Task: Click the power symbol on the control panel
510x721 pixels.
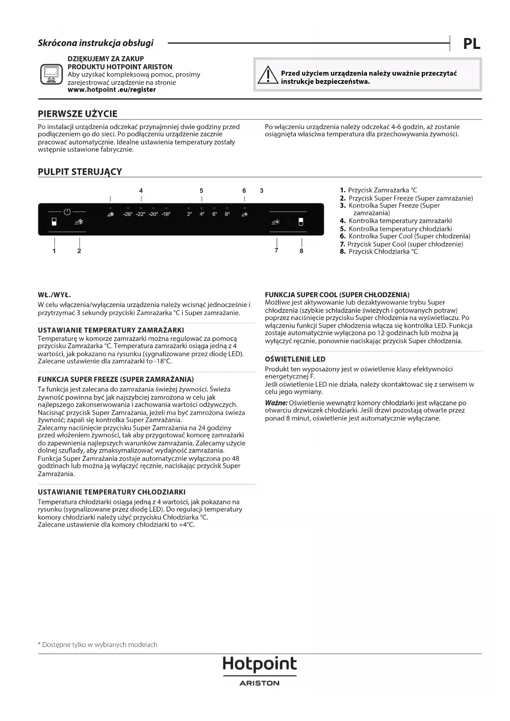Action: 67,212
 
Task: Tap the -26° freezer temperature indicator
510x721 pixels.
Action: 128,214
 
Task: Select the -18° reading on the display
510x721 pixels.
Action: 166,214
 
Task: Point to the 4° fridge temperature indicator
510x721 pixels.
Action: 202,214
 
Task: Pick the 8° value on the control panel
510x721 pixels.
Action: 227,214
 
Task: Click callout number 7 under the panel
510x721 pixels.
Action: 277,250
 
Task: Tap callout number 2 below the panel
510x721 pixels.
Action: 79,251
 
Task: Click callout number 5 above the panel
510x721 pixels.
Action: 201,191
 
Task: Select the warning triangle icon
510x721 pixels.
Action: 268,75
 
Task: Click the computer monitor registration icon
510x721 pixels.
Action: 51,74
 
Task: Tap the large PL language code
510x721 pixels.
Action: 471,44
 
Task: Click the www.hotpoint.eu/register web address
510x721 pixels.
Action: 111,90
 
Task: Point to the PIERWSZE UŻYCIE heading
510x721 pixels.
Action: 78,114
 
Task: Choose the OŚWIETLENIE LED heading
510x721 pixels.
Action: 295,359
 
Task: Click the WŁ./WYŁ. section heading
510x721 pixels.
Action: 55,295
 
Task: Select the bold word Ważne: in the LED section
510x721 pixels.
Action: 276,403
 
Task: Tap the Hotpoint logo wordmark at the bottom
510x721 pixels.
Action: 259,664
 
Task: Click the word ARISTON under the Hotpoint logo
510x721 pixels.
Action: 259,683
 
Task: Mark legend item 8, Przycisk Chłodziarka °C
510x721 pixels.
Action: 378,252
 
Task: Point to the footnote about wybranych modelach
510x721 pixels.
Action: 97,645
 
